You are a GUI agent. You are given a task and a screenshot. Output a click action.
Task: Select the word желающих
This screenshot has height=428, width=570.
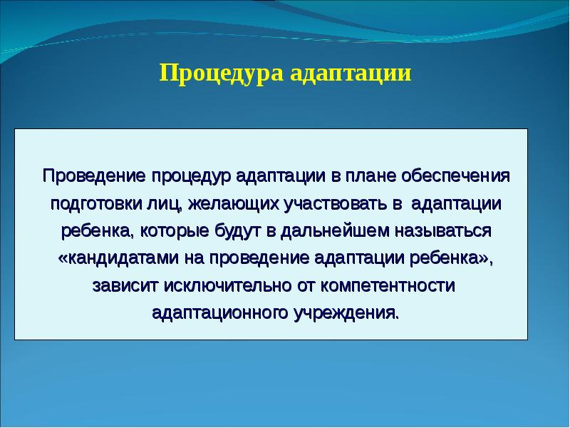[217, 203]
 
